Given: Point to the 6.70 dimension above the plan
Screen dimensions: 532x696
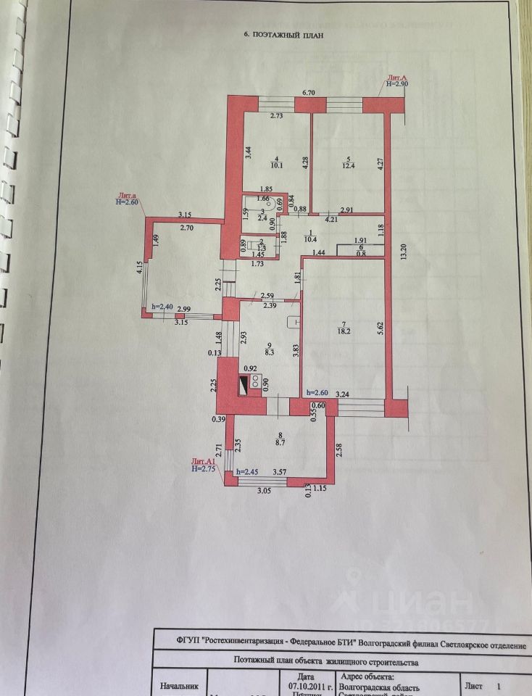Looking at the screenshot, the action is (308, 93).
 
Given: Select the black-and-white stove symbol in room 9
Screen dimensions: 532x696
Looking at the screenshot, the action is (254, 384).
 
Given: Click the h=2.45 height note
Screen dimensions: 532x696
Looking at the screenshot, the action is (248, 472).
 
